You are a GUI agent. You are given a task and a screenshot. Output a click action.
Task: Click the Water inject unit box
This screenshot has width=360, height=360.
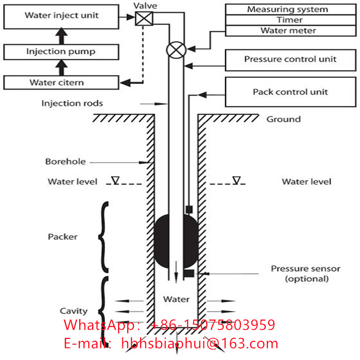pos(61,16)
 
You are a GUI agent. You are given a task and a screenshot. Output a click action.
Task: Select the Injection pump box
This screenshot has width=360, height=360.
pos(61,52)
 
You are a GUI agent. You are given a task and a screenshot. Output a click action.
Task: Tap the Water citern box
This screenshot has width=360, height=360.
pos(61,83)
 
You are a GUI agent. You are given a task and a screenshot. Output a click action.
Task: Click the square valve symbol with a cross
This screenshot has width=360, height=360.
pos(144,19)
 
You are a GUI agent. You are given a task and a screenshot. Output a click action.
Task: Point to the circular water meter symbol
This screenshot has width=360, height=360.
pos(176,50)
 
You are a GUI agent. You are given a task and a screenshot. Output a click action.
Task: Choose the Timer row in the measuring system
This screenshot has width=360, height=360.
pos(291,20)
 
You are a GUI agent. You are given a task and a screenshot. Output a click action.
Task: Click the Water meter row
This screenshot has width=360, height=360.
pos(291,31)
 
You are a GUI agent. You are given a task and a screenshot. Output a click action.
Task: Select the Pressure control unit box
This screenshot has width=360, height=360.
pos(291,60)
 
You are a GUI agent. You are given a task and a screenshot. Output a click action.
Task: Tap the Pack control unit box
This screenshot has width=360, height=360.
pos(291,92)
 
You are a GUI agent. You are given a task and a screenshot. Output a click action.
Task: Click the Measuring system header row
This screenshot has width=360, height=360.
pos(291,10)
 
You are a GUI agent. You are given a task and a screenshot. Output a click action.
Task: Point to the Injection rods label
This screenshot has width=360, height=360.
pos(72,104)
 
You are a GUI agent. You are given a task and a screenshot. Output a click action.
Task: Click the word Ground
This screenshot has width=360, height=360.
pos(284,119)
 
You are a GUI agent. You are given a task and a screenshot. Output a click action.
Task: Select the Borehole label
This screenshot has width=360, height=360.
pos(65,161)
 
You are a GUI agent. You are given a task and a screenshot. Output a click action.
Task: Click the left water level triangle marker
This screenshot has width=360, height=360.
pos(116,180)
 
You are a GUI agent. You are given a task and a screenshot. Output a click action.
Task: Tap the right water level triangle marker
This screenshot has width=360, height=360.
pos(237,180)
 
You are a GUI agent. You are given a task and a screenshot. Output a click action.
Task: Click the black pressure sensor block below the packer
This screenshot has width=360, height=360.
pos(189,273)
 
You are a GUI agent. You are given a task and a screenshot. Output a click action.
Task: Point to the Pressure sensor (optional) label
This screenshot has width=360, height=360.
pos(306,274)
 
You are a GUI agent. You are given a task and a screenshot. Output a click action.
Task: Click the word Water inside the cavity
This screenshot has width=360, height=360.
pos(176,299)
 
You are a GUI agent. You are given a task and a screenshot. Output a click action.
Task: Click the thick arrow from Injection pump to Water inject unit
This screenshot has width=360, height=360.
pos(61,36)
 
